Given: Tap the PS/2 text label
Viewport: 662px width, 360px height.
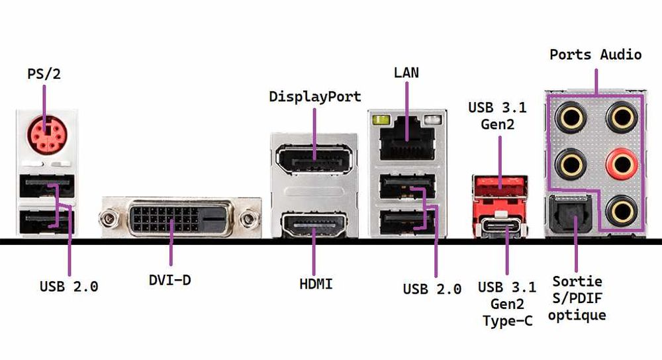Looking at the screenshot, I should click(44, 73).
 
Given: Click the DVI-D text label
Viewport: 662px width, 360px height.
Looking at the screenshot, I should click(169, 280).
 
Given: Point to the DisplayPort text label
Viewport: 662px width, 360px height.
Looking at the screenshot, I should click(315, 97).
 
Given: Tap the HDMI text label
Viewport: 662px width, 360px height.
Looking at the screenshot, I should click(316, 285).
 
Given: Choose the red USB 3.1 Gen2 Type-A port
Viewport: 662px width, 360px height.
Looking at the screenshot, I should click(500, 187).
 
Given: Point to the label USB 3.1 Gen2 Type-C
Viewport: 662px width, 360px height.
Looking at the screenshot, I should click(506, 305).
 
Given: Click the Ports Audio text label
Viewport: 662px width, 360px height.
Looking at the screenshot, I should click(595, 54).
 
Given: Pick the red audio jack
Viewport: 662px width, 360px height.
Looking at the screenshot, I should click(622, 160).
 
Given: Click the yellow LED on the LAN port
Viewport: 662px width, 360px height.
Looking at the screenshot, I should click(380, 120).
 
